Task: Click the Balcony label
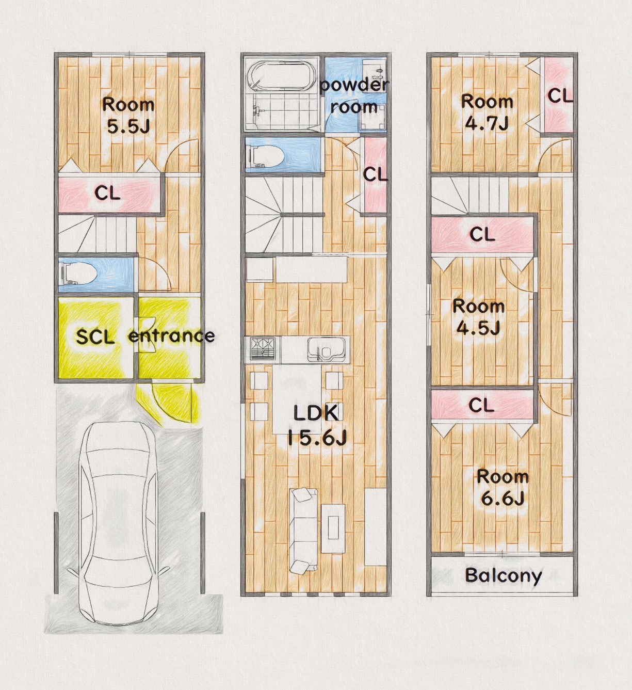click(x=503, y=575)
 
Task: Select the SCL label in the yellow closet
click(x=95, y=337)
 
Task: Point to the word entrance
click(x=171, y=336)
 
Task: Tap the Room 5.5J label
click(x=128, y=115)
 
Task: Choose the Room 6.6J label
click(x=503, y=487)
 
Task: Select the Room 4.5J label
click(x=478, y=316)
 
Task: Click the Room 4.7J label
click(x=487, y=111)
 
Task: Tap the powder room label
click(x=354, y=95)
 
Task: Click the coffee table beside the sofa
click(x=333, y=528)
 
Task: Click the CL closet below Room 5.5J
click(x=108, y=194)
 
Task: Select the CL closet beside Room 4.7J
click(x=559, y=95)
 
